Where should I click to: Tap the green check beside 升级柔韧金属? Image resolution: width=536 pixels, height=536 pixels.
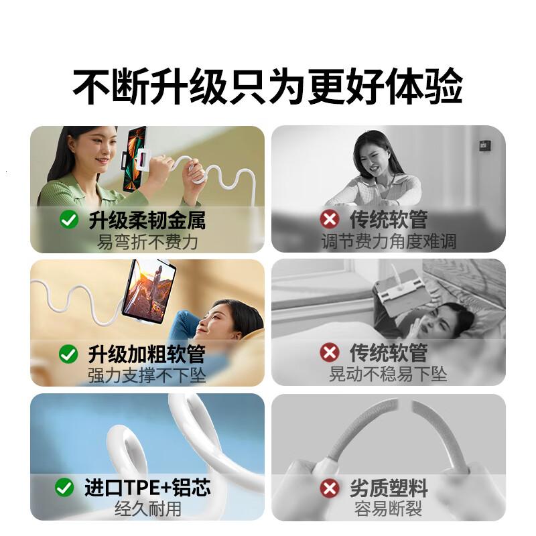[69, 220]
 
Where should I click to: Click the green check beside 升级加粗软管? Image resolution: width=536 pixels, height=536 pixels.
[69, 354]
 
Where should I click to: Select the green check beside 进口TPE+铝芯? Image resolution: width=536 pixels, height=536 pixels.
[64, 488]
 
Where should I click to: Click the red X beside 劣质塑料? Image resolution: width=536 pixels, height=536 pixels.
[329, 488]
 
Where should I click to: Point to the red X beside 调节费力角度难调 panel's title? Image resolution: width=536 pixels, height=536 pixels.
[329, 219]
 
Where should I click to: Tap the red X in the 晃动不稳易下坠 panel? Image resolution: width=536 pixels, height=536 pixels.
[329, 352]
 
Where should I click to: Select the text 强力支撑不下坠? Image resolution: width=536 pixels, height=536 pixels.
[147, 375]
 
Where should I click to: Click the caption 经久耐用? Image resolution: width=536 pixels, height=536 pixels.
[147, 509]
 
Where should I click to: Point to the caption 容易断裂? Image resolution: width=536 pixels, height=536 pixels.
[389, 509]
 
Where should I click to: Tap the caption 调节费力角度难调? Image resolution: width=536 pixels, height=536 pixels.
[389, 241]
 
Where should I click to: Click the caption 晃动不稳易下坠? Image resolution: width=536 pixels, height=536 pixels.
[389, 375]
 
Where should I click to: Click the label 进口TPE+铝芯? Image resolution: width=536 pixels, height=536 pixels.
[147, 487]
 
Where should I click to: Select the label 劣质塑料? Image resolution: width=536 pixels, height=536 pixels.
[389, 487]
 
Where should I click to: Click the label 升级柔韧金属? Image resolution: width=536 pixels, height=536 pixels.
[147, 219]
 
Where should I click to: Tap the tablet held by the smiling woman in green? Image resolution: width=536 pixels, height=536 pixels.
[135, 159]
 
